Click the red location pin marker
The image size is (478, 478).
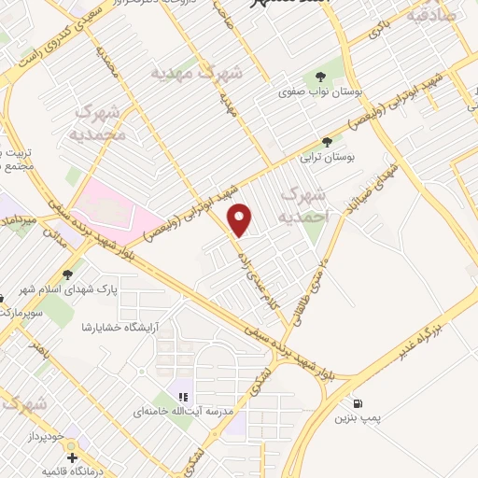242,219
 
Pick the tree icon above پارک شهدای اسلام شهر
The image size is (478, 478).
67,274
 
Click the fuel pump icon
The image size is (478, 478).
358,404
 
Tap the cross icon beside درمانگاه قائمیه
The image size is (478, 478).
72,457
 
